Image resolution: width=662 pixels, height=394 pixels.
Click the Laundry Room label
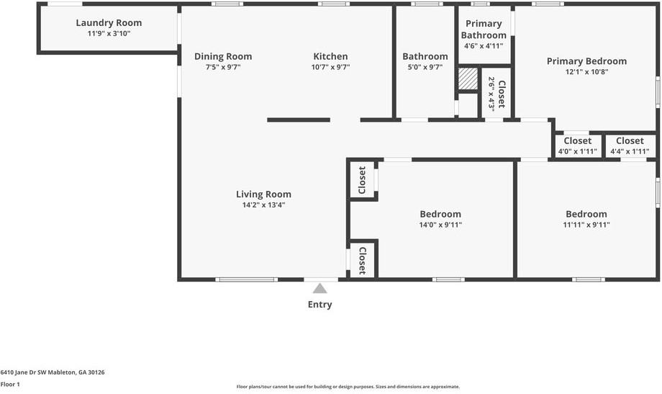[x=109, y=23]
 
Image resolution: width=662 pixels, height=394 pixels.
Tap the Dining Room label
[x=223, y=56]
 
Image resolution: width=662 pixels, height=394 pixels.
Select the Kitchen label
[x=330, y=56]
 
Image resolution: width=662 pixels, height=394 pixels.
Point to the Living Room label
[x=263, y=194]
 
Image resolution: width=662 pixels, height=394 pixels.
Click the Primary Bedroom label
[x=586, y=61]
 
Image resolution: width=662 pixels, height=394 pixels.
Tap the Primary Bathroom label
[x=484, y=30]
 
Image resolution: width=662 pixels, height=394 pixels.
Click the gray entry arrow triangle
[x=319, y=288]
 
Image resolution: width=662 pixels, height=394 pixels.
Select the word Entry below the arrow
[x=320, y=305]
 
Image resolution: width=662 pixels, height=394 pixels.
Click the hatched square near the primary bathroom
[x=468, y=79]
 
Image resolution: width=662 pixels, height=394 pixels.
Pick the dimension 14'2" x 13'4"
[x=263, y=205]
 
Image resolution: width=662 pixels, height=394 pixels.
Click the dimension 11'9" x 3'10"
[x=109, y=34]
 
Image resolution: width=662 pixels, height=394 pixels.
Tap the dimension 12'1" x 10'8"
[x=586, y=72]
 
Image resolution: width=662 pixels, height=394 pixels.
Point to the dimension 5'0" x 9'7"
[x=425, y=68]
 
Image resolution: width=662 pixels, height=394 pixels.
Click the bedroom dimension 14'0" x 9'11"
[x=440, y=225]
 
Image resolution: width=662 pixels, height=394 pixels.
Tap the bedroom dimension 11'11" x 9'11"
[x=586, y=225]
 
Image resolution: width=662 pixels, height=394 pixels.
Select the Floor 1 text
[x=10, y=385]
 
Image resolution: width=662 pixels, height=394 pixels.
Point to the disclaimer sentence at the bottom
[x=348, y=387]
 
